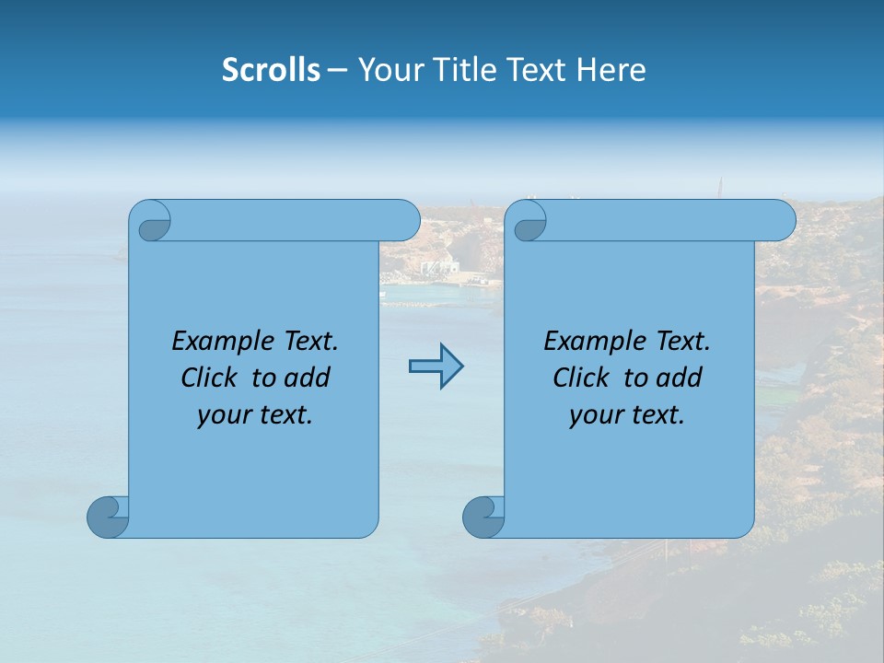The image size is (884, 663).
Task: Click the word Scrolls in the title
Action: [271, 70]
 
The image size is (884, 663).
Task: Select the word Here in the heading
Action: [611, 70]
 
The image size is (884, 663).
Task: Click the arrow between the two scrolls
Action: [436, 366]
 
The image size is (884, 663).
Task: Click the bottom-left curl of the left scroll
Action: [109, 517]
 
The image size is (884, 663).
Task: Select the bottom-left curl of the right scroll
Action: [484, 517]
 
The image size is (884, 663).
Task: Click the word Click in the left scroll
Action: [208, 378]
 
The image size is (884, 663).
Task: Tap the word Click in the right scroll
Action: [580, 378]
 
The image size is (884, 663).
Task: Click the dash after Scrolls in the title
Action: [337, 70]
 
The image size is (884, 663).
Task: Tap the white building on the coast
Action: [438, 267]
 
